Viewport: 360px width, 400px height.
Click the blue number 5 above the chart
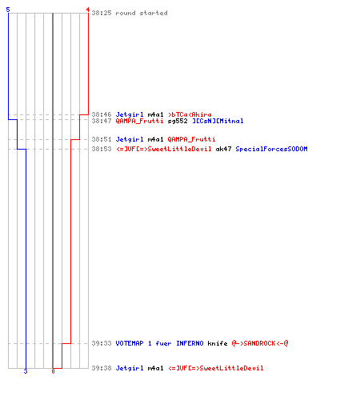8,10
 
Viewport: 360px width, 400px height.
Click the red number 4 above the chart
88,10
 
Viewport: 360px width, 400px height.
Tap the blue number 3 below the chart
26,371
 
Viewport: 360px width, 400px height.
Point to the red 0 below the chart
53,371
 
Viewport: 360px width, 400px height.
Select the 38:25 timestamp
102,13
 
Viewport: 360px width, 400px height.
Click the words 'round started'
142,13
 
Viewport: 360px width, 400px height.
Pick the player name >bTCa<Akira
190,114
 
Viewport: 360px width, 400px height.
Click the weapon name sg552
178,121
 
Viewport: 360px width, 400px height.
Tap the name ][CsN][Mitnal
218,121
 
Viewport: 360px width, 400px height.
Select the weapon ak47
223,149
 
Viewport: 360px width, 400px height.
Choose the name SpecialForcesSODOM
271,149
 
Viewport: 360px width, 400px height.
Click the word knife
218,343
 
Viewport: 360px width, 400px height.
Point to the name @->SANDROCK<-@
260,343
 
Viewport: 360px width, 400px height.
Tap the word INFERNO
190,343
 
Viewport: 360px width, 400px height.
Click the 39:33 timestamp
102,343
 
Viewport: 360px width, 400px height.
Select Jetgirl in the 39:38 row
130,368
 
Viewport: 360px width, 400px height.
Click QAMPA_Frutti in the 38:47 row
139,121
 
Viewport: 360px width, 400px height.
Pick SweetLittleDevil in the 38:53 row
179,149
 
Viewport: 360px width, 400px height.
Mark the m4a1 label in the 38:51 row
155,139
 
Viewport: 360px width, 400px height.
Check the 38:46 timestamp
102,114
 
